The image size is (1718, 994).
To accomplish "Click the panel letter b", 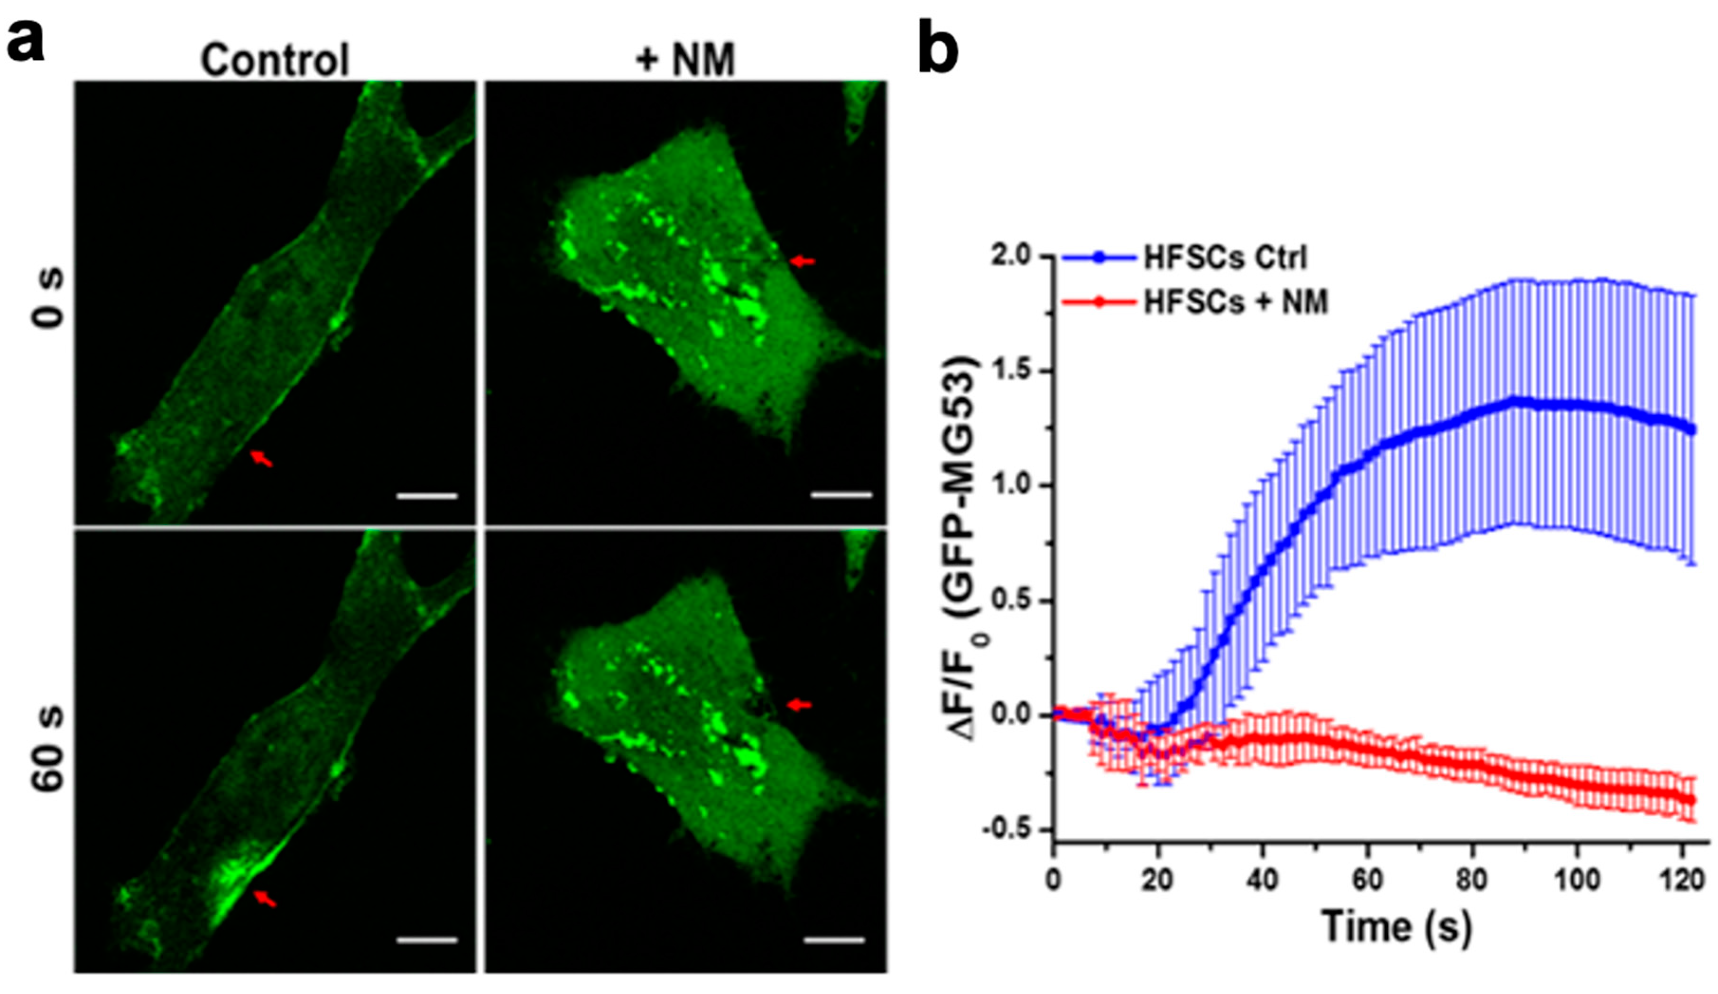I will tap(938, 46).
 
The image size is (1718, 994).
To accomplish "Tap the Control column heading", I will tap(275, 60).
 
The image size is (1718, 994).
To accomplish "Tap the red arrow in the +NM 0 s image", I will tap(803, 260).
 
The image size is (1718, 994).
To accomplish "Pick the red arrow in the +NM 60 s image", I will tap(800, 705).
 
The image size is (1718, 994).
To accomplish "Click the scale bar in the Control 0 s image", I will tap(427, 496).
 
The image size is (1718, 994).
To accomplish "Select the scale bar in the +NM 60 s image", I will tap(834, 941).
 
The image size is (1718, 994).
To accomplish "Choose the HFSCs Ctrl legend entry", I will tap(1224, 258).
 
